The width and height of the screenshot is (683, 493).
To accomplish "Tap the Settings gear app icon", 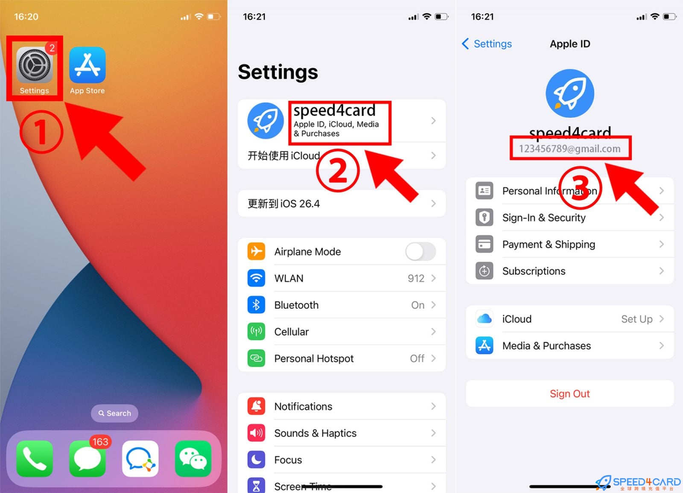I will pos(35,65).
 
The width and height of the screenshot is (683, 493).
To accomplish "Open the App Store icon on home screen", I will pos(88,65).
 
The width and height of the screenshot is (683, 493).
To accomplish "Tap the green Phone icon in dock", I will pos(35,458).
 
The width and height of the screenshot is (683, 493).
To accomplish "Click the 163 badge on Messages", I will pos(100,442).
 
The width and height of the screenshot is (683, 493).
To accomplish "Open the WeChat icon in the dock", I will pos(193,458).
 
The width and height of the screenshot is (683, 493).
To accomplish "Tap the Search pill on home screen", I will pos(114,413).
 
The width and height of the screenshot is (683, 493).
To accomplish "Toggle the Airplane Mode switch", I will pos(420,251).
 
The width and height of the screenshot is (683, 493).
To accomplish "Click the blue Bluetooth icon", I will pos(256,305).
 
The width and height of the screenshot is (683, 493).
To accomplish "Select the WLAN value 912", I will pos(416,278).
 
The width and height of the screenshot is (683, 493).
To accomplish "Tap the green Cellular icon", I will pos(256,332).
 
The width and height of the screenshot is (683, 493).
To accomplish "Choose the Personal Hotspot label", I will pos(314,359).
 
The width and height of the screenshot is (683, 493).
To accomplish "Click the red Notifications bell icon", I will pos(256,406).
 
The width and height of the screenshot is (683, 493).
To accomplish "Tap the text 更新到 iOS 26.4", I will pos(284,204).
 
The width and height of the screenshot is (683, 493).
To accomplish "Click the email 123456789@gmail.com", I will pos(570,149).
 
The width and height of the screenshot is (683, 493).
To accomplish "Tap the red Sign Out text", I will pos(569,394).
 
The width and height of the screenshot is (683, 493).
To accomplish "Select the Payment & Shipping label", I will pos(549,244).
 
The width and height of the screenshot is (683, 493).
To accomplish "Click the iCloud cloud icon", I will pos(485,319).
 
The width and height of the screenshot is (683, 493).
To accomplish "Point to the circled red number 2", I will pos(338,171).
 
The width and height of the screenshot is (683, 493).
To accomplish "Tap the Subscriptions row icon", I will pos(485,271).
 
